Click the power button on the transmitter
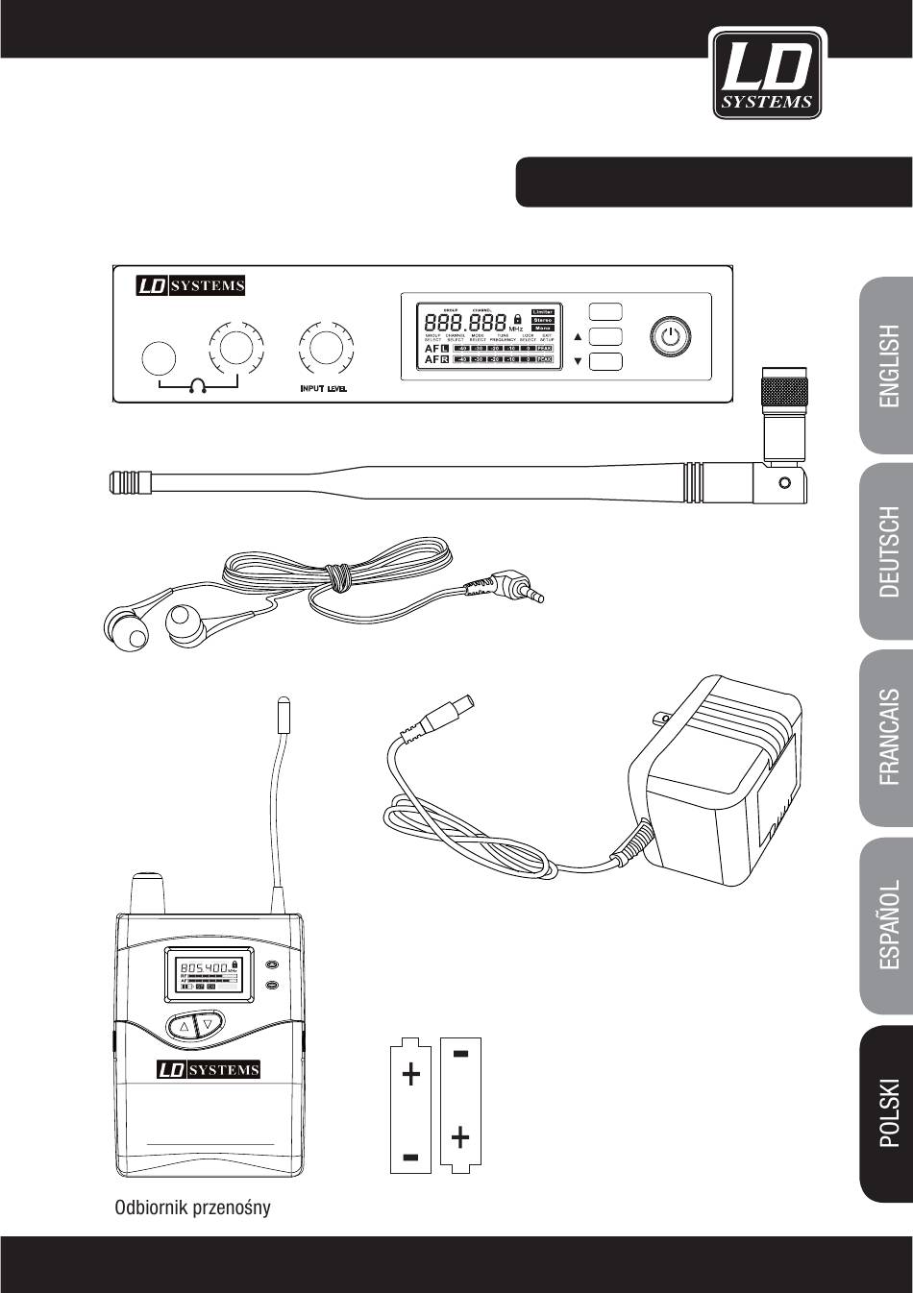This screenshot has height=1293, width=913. click(671, 336)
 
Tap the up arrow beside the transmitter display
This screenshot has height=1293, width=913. click(578, 337)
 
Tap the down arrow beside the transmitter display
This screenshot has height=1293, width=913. click(578, 361)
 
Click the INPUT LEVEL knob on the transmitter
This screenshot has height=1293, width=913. click(324, 346)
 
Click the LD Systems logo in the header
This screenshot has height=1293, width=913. click(765, 74)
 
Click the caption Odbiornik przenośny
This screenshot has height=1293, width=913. click(192, 1208)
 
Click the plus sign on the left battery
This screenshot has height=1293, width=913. click(411, 1074)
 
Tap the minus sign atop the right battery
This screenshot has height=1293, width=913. click(460, 1055)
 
